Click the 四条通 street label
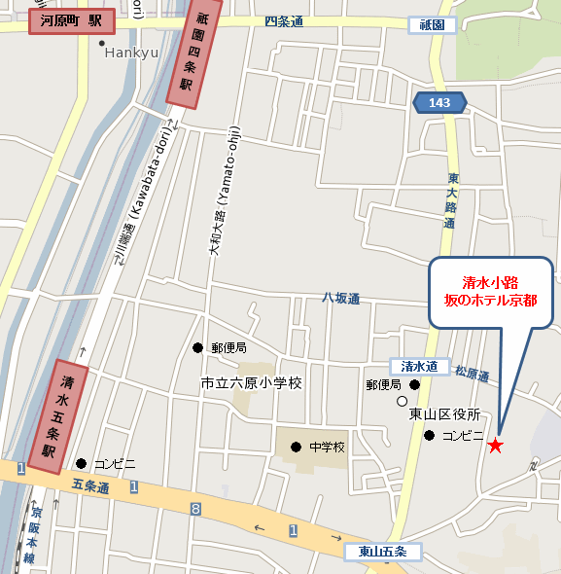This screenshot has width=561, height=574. tap(284, 20)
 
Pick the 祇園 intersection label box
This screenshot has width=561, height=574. tap(433, 24)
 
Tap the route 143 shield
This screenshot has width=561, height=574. tap(439, 101)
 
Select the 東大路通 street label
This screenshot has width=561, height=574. tap(452, 200)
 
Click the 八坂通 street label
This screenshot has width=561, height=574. tap(341, 299)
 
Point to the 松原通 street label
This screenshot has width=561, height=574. tap(472, 372)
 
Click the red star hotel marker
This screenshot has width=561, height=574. tap(496, 446)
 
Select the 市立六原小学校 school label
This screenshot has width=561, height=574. tap(251, 383)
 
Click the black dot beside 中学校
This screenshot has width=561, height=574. tap(296, 447)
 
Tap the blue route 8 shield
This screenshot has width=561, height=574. tap(195, 508)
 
